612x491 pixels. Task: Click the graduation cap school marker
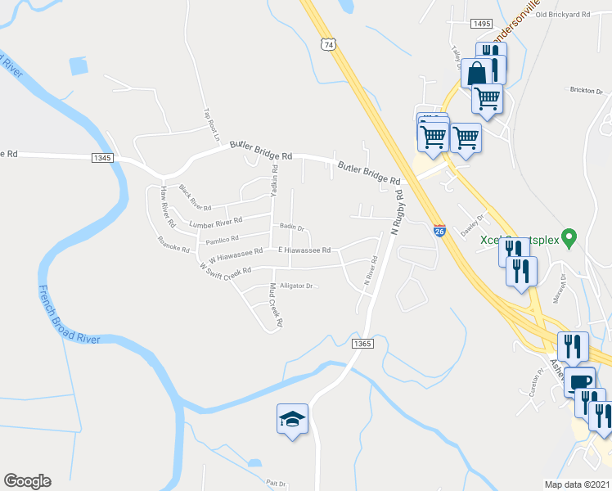click(292, 419)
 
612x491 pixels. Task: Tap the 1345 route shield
click(102, 157)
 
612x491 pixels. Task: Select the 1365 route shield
click(362, 344)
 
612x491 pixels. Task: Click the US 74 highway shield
click(328, 44)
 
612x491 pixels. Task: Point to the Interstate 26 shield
click(439, 232)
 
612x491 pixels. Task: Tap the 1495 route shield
click(482, 25)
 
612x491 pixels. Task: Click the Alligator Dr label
click(296, 286)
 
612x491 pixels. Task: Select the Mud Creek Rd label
click(277, 305)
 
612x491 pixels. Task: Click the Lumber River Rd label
click(216, 222)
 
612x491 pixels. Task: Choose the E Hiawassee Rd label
click(304, 250)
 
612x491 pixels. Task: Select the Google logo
click(27, 481)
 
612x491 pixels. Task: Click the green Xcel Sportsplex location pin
click(573, 237)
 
